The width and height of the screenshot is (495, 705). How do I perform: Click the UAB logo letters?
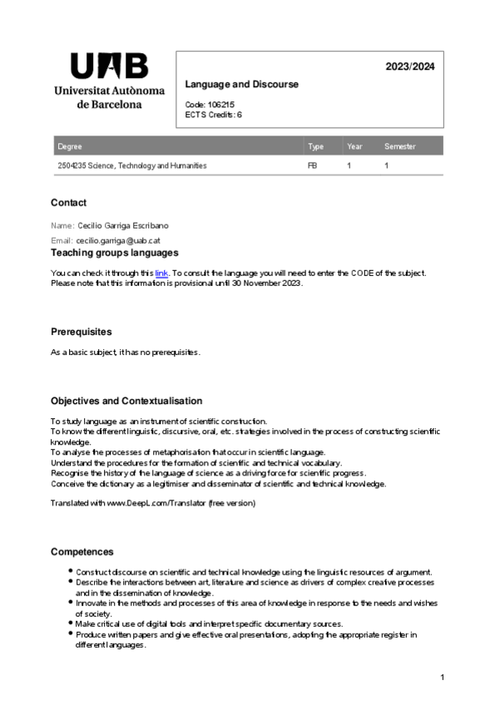(x=109, y=66)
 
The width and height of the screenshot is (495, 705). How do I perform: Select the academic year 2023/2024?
(x=409, y=67)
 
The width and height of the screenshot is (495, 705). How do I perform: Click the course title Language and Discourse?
(x=241, y=85)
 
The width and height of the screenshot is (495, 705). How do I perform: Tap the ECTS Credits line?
(x=214, y=115)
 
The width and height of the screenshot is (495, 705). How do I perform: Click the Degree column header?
(x=70, y=147)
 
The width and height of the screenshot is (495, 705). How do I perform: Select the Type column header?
(x=315, y=147)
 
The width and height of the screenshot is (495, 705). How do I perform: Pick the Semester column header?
(x=399, y=147)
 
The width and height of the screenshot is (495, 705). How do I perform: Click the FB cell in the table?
(x=313, y=165)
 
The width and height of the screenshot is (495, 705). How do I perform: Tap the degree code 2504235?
(x=73, y=165)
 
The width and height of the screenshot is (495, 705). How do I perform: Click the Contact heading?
(x=68, y=203)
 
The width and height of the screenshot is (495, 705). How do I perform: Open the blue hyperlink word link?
(x=161, y=273)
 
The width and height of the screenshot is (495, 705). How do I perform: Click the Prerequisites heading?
(x=81, y=332)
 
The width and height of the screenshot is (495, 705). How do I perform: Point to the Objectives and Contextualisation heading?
(x=126, y=401)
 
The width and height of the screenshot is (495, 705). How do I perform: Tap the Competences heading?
(x=82, y=552)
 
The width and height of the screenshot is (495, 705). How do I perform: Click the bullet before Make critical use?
(x=70, y=624)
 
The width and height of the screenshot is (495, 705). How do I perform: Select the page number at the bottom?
(x=443, y=678)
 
